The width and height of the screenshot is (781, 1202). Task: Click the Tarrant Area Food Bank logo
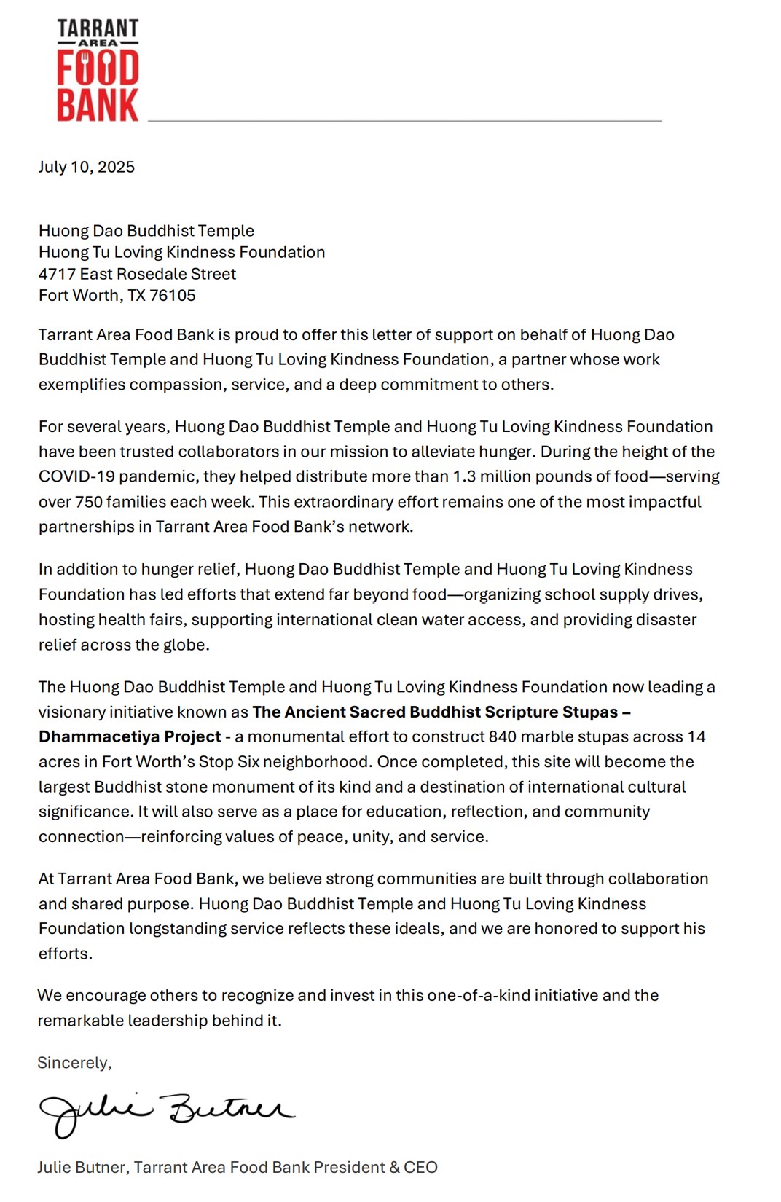[x=98, y=71]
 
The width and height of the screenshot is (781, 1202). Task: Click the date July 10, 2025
[x=86, y=167]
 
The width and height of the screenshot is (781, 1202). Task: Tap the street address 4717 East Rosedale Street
[x=137, y=274]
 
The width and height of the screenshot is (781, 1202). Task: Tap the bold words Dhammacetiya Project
[x=130, y=736]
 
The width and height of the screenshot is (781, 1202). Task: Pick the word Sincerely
[x=74, y=1063]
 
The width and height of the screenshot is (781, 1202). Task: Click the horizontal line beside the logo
[x=404, y=120]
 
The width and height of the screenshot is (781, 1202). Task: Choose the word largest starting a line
[x=64, y=787]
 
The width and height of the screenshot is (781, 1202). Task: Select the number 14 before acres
[x=696, y=736]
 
